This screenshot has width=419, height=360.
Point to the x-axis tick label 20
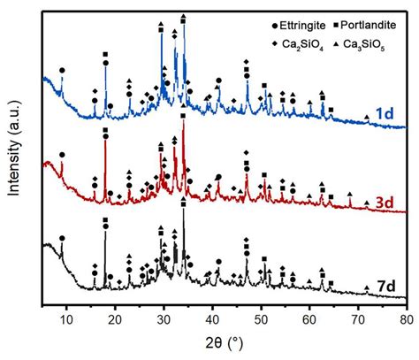[x=114, y=320]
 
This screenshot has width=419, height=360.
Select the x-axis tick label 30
[x=164, y=320]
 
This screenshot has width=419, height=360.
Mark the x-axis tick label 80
[x=406, y=320]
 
